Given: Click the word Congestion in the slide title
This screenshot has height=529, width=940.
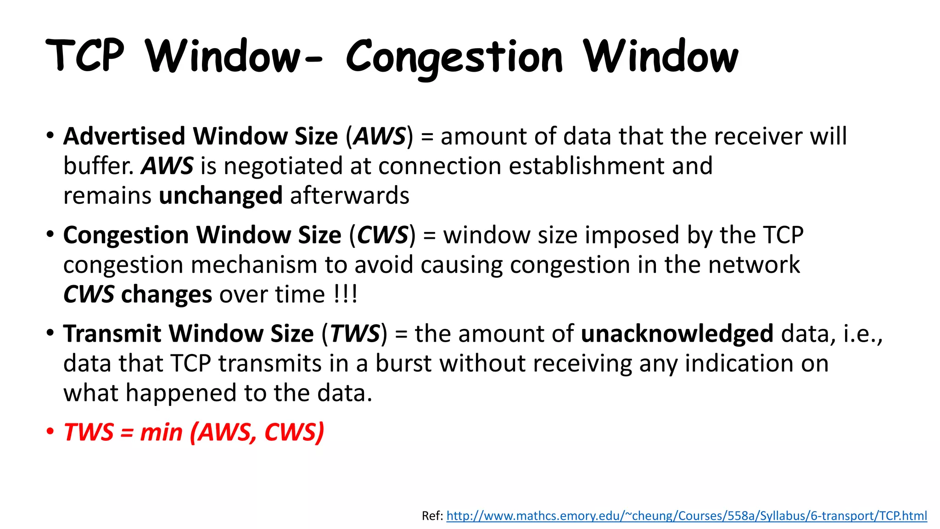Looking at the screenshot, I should pyautogui.click(x=453, y=57).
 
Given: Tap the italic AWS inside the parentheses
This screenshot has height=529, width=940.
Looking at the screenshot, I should pyautogui.click(x=380, y=136).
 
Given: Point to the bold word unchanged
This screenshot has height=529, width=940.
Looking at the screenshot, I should pyautogui.click(x=220, y=196).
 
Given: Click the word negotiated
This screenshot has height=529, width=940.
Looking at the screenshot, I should pyautogui.click(x=283, y=166).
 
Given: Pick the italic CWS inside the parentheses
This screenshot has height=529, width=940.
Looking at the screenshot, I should pyautogui.click(x=382, y=235).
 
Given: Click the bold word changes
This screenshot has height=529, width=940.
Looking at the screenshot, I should pyautogui.click(x=166, y=295).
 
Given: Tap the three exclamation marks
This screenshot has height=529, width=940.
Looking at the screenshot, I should pyautogui.click(x=345, y=294).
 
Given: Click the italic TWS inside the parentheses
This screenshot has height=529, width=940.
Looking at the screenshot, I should pyautogui.click(x=355, y=334).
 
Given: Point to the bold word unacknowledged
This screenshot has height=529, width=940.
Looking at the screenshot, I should pyautogui.click(x=677, y=334).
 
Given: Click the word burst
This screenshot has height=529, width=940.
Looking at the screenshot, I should pyautogui.click(x=403, y=364).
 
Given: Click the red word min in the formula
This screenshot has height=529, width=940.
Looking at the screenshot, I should pyautogui.click(x=161, y=433).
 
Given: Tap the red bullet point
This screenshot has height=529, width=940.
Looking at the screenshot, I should pyautogui.click(x=50, y=432).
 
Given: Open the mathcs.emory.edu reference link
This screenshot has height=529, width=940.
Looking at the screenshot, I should pyautogui.click(x=686, y=516).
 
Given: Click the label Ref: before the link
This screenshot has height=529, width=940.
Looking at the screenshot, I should pyautogui.click(x=432, y=516).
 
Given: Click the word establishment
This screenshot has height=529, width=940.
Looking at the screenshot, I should pyautogui.click(x=587, y=166).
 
